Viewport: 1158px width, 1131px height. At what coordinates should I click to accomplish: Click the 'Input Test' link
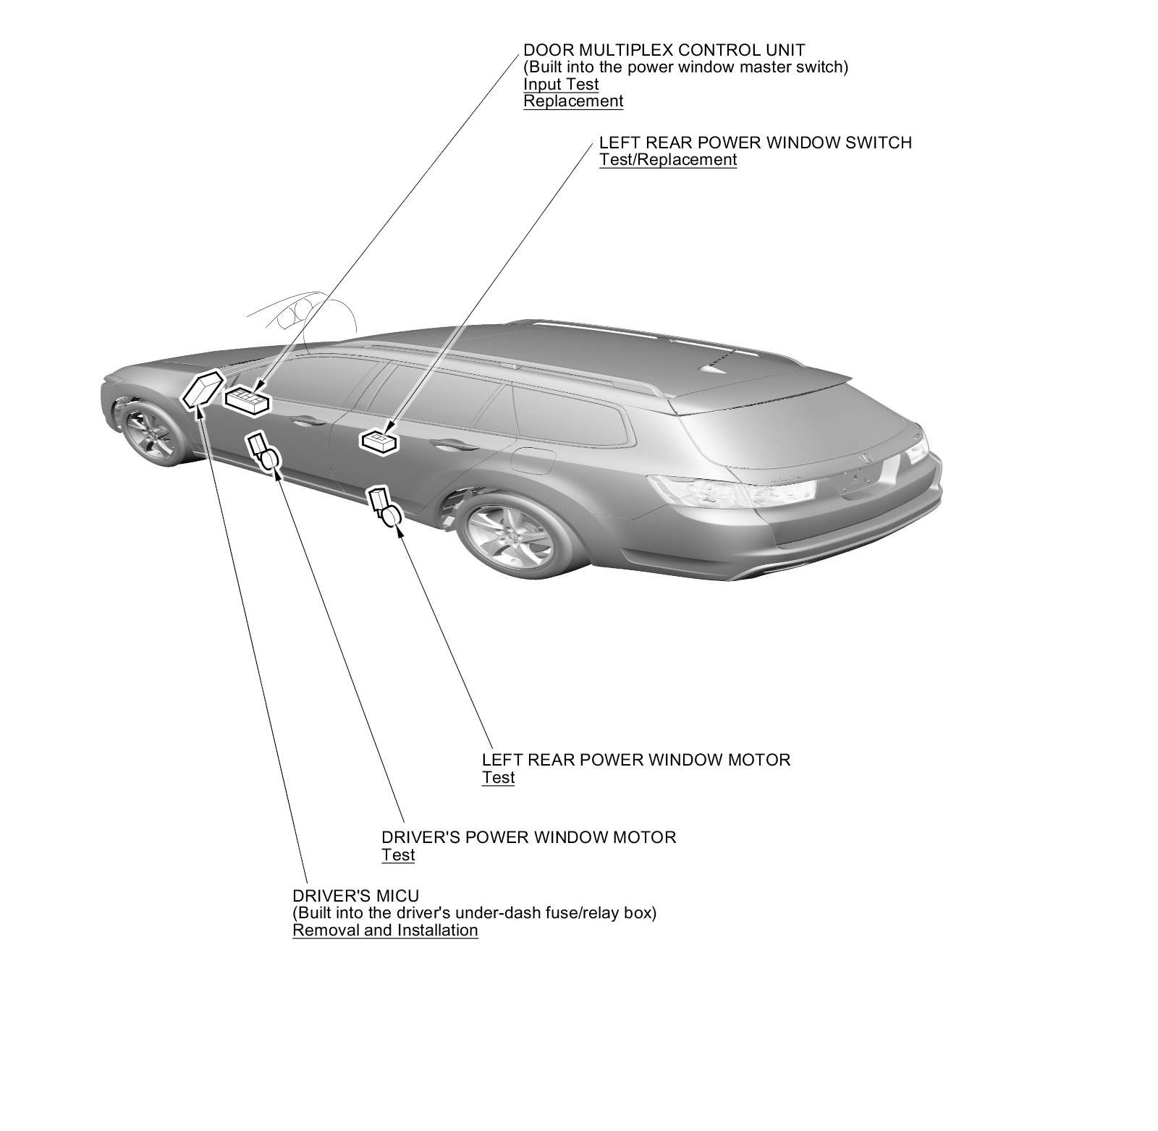[561, 84]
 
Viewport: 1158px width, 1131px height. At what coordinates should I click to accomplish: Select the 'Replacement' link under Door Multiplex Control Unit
[573, 101]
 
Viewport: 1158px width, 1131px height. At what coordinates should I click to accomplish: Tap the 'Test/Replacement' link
[667, 160]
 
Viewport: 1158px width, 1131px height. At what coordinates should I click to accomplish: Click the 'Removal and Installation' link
[385, 931]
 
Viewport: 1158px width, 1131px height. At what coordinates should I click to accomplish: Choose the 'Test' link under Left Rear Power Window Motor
[498, 778]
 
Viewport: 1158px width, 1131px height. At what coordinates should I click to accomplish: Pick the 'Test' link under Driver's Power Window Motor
[398, 855]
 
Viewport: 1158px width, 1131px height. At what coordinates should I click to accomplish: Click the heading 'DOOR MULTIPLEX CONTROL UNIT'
[664, 50]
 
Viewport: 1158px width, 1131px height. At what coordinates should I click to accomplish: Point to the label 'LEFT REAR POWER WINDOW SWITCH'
[755, 143]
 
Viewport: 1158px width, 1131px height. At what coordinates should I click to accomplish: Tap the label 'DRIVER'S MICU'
[355, 896]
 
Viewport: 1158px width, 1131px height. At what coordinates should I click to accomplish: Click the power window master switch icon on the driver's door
[247, 399]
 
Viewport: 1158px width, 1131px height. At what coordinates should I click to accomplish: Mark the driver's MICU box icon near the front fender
[201, 389]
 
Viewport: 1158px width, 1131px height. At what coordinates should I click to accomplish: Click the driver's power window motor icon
[264, 452]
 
